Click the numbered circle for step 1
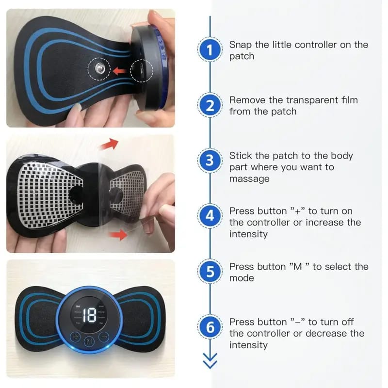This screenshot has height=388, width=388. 210,49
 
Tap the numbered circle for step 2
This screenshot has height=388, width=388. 210,105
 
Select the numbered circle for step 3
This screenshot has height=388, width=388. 210,161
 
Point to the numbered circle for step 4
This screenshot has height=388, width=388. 210,216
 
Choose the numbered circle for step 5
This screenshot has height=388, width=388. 210,271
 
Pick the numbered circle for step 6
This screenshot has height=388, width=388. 210,326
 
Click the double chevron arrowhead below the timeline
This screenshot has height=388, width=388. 210,361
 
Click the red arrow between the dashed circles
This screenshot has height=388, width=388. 120,71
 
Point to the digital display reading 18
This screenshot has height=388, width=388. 89,315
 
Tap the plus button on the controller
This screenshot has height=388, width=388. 76,337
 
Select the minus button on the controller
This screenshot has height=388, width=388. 104,336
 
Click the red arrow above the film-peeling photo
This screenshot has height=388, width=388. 109,144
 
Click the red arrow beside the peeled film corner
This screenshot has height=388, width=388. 118,234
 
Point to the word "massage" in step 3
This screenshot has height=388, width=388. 249,178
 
